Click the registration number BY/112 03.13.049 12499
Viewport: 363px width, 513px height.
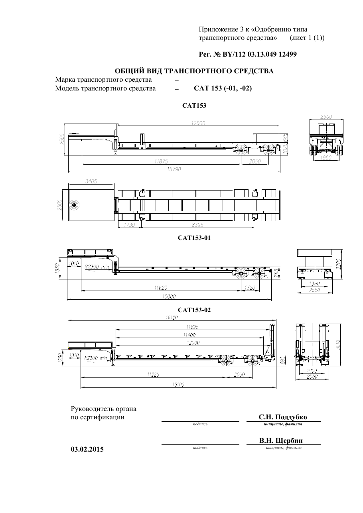(x=258, y=54)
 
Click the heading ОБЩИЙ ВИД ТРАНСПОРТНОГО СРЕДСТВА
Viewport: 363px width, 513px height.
(x=194, y=71)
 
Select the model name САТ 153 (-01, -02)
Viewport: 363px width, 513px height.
(x=223, y=88)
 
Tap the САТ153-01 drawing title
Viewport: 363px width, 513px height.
(x=194, y=238)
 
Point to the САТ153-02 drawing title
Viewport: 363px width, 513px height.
(x=194, y=310)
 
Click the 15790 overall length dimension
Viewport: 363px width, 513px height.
(x=174, y=169)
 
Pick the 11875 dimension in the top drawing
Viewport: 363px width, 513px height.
(x=161, y=161)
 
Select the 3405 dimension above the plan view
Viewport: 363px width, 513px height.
(x=91, y=181)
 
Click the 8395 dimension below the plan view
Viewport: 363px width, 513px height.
(x=197, y=225)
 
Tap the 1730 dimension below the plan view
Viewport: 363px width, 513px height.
(x=130, y=225)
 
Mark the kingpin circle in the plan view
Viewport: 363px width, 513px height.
(x=74, y=205)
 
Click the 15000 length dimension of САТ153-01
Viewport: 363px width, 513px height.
(x=169, y=297)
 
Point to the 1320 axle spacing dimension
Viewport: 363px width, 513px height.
(x=250, y=288)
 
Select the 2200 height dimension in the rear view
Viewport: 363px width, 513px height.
(x=339, y=264)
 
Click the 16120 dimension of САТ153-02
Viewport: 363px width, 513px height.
(x=172, y=317)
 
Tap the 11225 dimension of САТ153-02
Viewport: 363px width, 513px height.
(x=153, y=375)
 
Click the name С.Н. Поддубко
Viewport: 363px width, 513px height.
(x=283, y=417)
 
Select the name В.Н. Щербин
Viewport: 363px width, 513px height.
(x=281, y=440)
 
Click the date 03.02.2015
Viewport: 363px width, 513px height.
(x=87, y=449)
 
